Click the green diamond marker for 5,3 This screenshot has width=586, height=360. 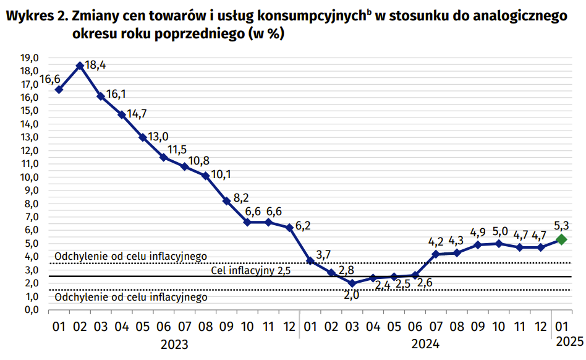click(561, 239)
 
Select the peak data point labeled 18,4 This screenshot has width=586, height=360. click(80, 65)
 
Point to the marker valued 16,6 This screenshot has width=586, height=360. click(59, 90)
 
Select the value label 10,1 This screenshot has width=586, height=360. click(221, 174)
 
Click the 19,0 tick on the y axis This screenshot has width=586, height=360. click(30, 58)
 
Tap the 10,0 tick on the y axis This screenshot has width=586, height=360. click(30, 177)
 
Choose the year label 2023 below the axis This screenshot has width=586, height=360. click(174, 344)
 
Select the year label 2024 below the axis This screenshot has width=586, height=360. click(426, 344)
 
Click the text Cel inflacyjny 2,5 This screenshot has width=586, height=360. click(251, 270)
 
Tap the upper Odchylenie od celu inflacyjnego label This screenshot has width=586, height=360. click(131, 256)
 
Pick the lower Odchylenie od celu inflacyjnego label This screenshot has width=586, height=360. click(131, 298)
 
